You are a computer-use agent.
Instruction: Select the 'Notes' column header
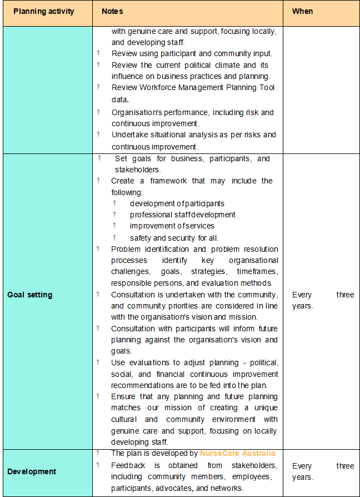tap(112, 11)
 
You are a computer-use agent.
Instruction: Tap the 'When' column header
tap(303, 11)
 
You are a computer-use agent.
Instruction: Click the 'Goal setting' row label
tap(29, 295)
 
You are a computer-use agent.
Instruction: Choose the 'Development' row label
tap(32, 471)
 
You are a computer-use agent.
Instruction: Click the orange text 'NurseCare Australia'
tap(237, 453)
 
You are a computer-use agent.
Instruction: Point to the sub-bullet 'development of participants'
tap(177, 203)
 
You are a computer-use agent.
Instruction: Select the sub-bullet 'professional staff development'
tap(183, 215)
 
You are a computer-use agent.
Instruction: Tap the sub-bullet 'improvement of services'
tap(172, 226)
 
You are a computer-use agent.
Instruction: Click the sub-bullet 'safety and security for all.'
tap(174, 237)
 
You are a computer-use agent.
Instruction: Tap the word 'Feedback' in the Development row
tap(128, 465)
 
